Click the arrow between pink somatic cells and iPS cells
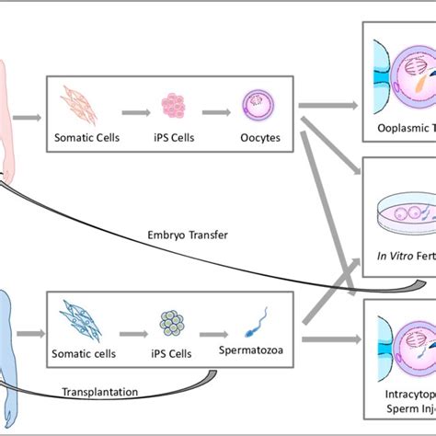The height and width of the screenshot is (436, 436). pyautogui.click(x=133, y=107)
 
